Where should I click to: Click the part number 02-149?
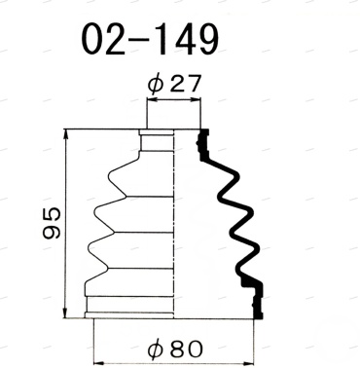click(x=150, y=40)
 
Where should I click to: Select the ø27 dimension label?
click(x=174, y=84)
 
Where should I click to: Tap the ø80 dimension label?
click(x=174, y=350)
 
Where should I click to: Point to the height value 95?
click(x=52, y=223)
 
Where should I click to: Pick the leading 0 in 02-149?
click(x=93, y=40)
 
